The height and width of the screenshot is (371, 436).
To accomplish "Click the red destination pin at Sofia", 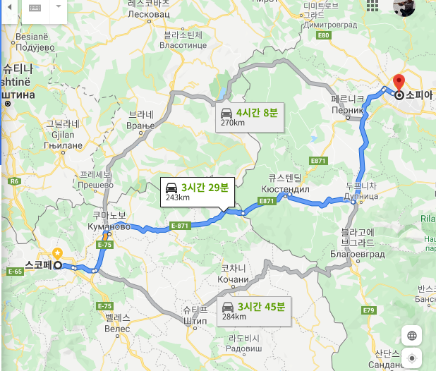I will (398, 82).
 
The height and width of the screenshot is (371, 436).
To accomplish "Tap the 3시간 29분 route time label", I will (205, 188).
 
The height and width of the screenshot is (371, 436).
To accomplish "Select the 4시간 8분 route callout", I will (258, 112).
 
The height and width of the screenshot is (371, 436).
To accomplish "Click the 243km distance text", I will (178, 198).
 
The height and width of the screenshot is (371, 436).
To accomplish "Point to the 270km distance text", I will (232, 123).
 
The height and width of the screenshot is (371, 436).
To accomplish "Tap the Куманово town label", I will (108, 226).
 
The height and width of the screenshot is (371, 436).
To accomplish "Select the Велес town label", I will (118, 329).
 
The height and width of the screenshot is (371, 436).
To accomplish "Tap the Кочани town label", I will (234, 280).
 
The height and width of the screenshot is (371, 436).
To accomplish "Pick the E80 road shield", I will (324, 35).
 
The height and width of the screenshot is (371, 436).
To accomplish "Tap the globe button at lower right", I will (411, 335).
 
